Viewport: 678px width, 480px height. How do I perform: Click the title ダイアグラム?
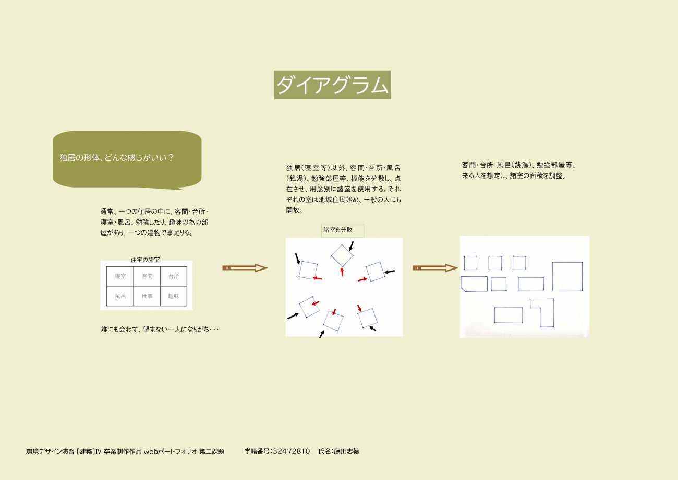click(x=332, y=85)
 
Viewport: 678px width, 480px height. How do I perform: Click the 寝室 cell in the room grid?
click(x=120, y=276)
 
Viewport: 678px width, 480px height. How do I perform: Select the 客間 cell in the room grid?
click(x=147, y=276)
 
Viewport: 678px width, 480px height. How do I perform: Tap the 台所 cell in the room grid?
click(x=174, y=276)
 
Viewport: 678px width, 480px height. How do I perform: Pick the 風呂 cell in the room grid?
click(x=120, y=296)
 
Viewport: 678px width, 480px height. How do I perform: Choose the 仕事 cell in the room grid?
click(x=147, y=296)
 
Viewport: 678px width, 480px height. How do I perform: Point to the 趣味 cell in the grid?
click(x=174, y=296)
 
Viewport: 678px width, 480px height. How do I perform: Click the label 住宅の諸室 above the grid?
click(x=146, y=260)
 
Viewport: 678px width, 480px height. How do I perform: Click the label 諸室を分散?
click(x=338, y=230)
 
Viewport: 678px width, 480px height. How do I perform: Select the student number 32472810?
click(x=291, y=451)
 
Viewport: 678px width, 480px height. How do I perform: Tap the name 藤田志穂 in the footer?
click(x=346, y=451)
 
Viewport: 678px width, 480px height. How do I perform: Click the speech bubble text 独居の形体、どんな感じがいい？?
click(x=116, y=158)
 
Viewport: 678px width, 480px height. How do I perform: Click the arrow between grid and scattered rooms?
click(x=245, y=268)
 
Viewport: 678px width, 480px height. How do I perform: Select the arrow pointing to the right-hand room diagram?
click(x=435, y=268)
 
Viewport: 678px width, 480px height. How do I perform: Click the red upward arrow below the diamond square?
click(x=342, y=272)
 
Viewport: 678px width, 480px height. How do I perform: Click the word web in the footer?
click(x=150, y=451)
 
